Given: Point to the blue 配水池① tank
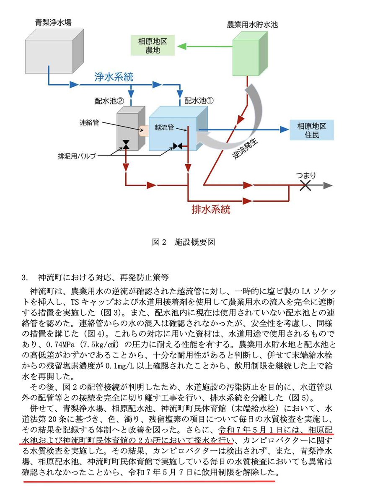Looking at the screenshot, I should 178,128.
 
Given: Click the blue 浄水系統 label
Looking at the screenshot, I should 114,77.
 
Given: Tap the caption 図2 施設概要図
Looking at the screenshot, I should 183,242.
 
